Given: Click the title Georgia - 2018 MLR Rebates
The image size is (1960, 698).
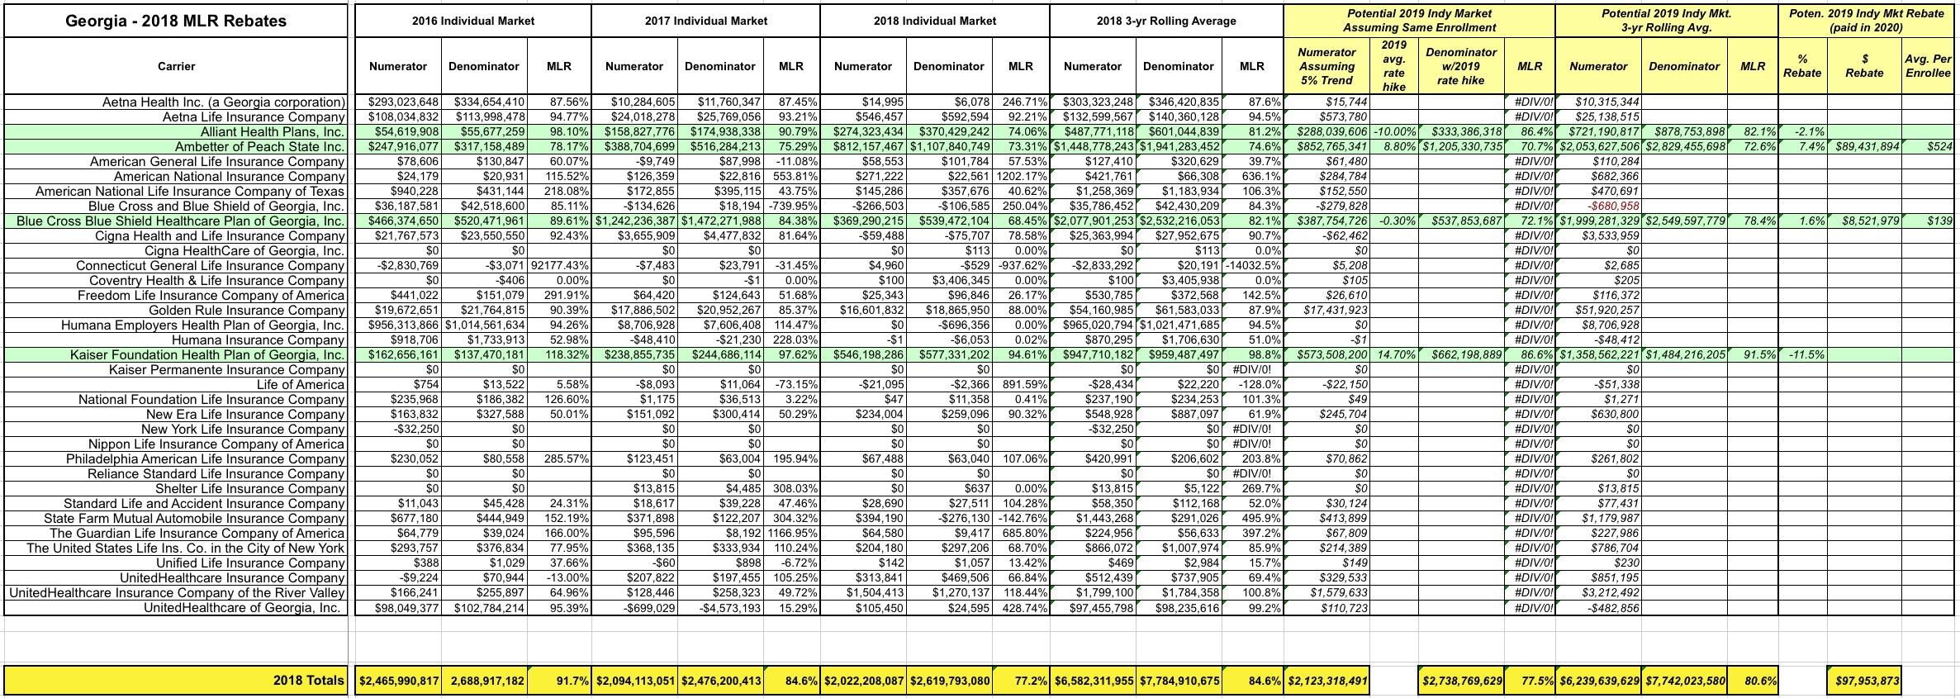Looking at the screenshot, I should pyautogui.click(x=175, y=21).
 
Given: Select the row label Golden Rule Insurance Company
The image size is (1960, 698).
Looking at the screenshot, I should pyautogui.click(x=246, y=311).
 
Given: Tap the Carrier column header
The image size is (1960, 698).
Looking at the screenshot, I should pyautogui.click(x=175, y=66).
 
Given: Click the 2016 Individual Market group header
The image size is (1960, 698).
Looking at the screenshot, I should pyautogui.click(x=472, y=21).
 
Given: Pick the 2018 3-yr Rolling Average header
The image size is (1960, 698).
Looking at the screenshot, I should pyautogui.click(x=1166, y=21).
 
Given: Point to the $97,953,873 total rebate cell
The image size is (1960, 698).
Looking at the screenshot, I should pyautogui.click(x=1864, y=681).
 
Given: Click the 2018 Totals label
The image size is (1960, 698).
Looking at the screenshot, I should pyautogui.click(x=308, y=681).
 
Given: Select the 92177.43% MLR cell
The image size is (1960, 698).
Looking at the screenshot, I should pyautogui.click(x=560, y=266).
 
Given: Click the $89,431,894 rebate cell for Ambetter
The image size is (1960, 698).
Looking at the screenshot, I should pyautogui.click(x=1863, y=147).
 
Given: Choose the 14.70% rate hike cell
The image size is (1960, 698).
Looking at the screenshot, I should pyautogui.click(x=1394, y=355).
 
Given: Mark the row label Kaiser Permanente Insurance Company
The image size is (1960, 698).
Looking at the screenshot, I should pyautogui.click(x=226, y=370).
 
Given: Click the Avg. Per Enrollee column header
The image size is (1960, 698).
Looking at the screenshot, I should pyautogui.click(x=1928, y=66).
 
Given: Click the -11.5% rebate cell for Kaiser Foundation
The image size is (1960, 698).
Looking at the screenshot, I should pyautogui.click(x=1802, y=355).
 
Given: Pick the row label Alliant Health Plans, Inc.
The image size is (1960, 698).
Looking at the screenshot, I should pyautogui.click(x=272, y=132).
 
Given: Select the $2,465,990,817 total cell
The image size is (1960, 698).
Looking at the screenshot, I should pyautogui.click(x=398, y=681).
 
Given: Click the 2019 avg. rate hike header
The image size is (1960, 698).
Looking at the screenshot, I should pyautogui.click(x=1393, y=66).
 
